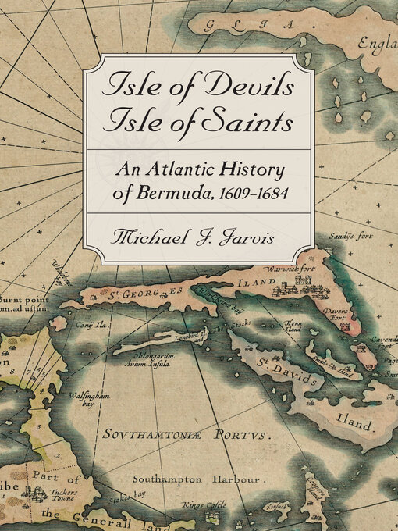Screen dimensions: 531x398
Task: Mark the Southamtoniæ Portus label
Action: [x=201, y=433]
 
